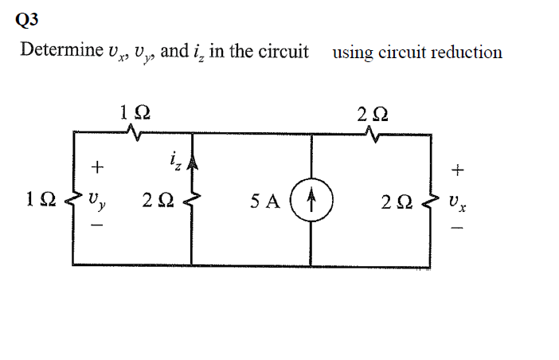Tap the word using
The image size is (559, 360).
point(354,53)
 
